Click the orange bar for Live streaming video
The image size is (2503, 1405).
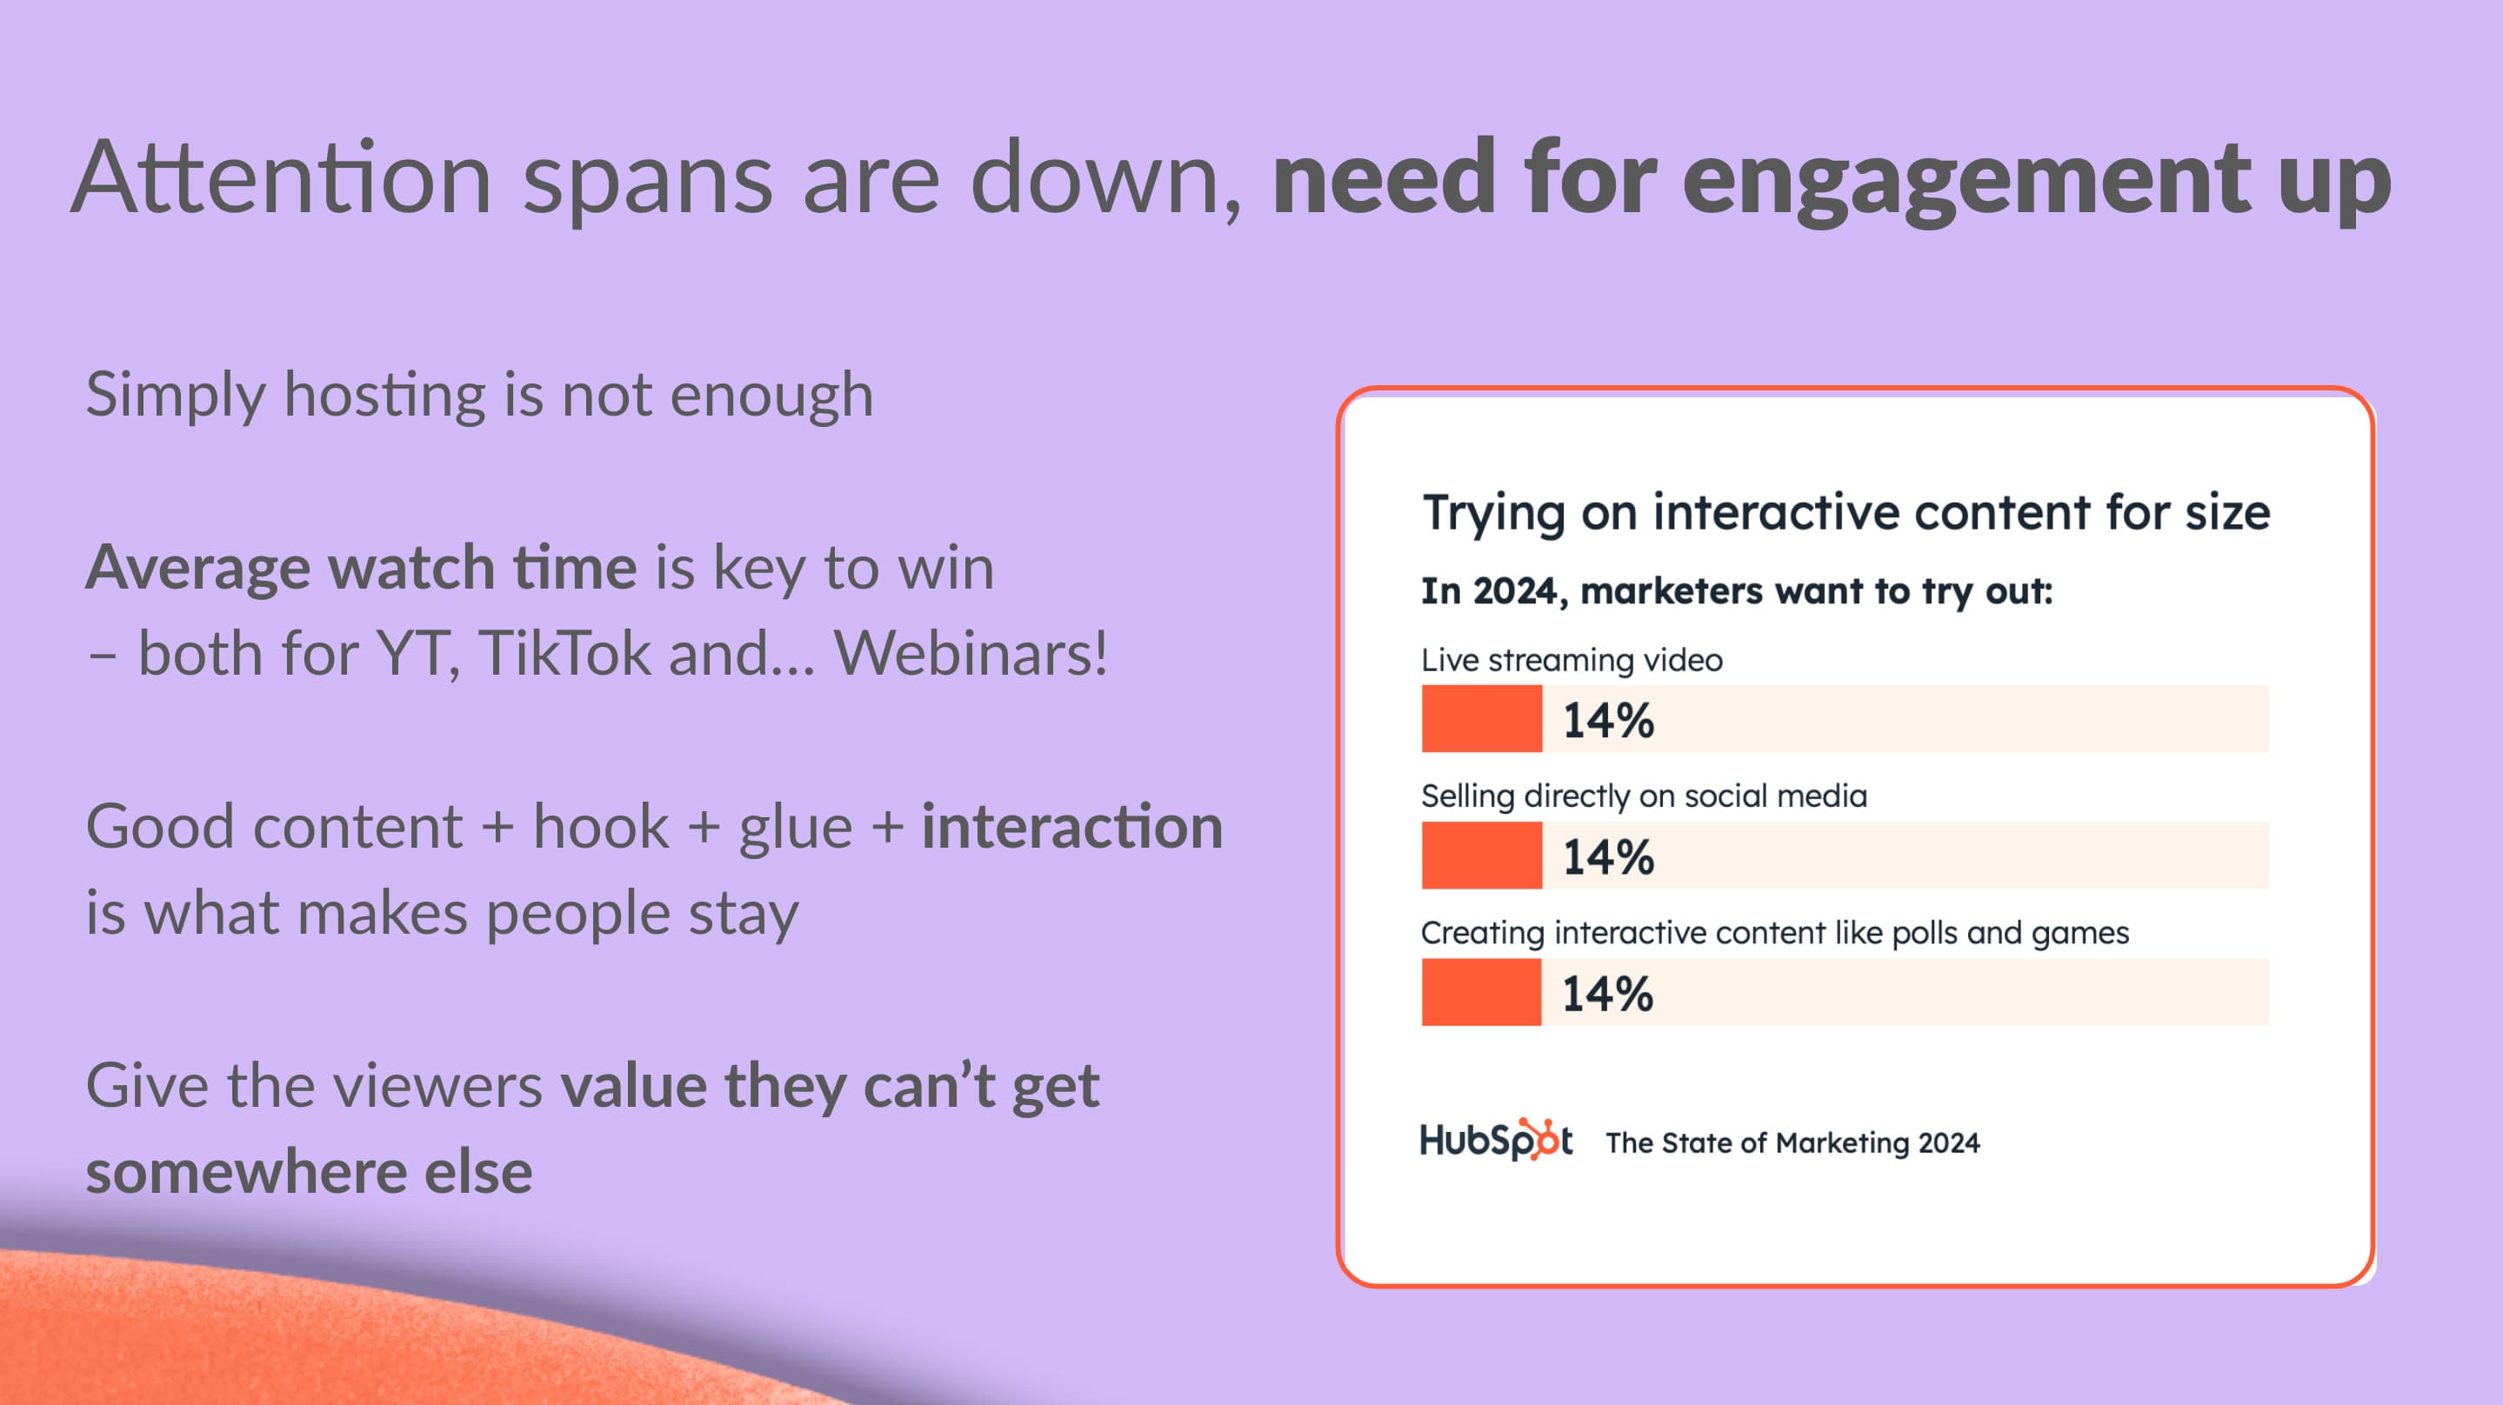coord(1482,718)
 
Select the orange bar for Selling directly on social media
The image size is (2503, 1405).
coord(1482,855)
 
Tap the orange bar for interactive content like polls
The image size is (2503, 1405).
coord(1482,992)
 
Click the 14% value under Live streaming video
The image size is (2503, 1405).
coord(1608,720)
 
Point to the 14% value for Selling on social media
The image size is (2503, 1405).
coord(1608,857)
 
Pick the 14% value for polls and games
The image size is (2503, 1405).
coord(1608,994)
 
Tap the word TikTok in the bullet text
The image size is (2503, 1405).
coord(564,652)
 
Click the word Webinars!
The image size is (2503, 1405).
coord(971,652)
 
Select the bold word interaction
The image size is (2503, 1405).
coord(1071,826)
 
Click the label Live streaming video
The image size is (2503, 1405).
coord(1572,660)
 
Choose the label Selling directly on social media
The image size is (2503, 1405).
coord(1644,796)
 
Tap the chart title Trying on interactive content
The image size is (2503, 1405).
coord(1846,512)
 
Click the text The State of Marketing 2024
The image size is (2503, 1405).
coord(1792,1142)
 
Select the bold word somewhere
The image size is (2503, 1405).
coord(246,1171)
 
